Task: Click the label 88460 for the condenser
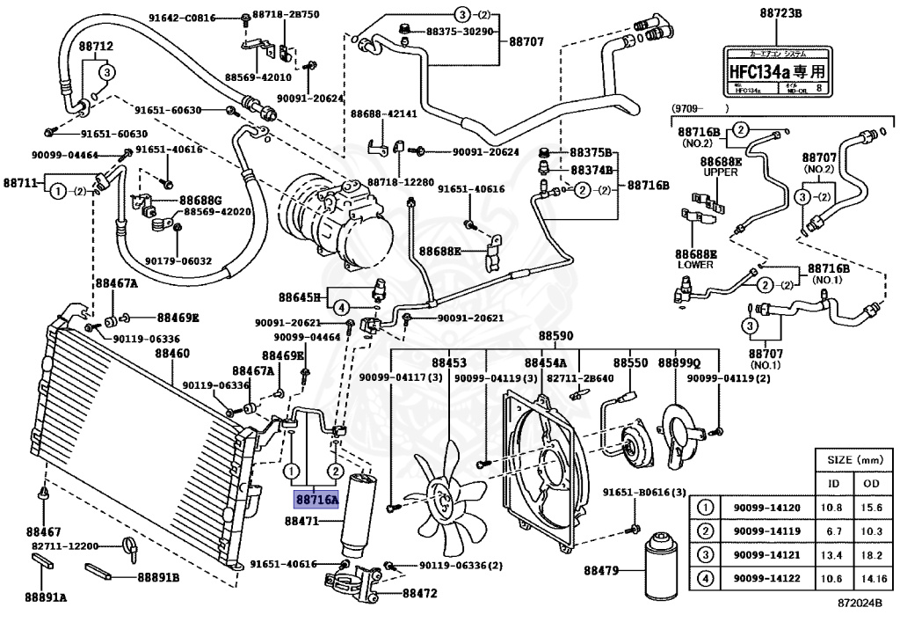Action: [172, 354]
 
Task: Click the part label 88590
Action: [555, 336]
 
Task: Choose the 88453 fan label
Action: [449, 362]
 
